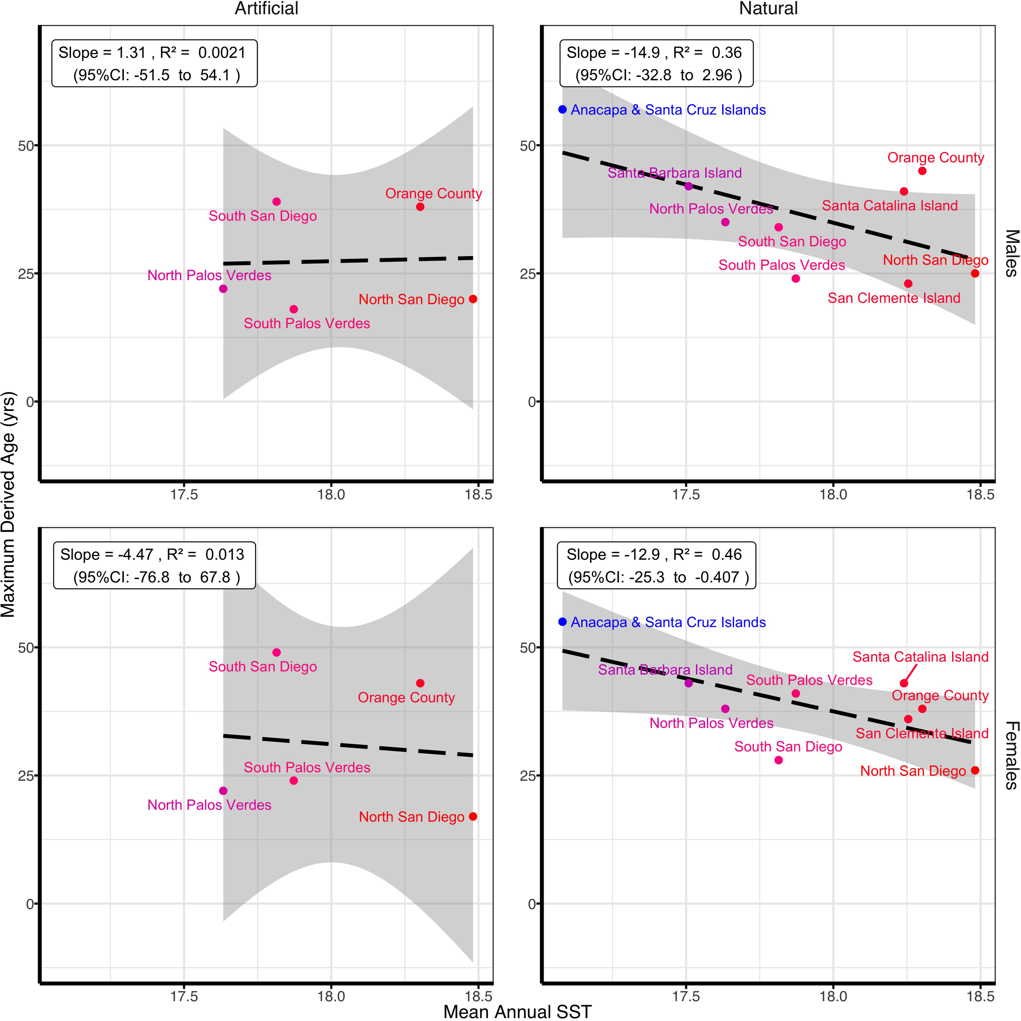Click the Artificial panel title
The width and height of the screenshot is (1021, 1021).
266,9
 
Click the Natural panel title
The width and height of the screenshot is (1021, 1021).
768,9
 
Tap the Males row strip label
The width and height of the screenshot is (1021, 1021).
1011,253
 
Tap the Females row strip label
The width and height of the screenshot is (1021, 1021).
1011,755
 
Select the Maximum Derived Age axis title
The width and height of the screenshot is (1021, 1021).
9,505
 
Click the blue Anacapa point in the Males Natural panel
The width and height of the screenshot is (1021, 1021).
562,109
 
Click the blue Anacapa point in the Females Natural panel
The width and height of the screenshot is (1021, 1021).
562,622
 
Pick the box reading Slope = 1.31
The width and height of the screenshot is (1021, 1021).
154,63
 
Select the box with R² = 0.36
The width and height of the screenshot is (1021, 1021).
656,63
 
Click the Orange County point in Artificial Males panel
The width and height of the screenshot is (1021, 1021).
420,207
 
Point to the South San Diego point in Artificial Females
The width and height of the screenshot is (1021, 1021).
276,653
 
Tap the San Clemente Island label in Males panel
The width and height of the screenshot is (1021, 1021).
894,298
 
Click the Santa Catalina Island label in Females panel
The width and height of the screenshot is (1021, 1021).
920,657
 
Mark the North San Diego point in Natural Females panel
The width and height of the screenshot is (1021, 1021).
975,771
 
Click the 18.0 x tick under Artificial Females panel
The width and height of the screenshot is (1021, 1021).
331,996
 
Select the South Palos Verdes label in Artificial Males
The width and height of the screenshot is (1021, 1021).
307,323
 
